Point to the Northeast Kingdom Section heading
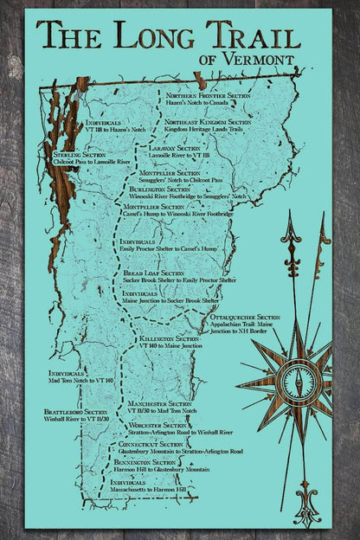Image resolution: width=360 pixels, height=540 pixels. coord(208,123)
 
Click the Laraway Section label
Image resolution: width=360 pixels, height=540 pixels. coord(175,148)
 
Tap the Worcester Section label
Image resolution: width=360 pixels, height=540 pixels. coord(157,426)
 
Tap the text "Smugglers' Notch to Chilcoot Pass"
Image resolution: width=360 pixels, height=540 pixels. coord(181,180)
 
